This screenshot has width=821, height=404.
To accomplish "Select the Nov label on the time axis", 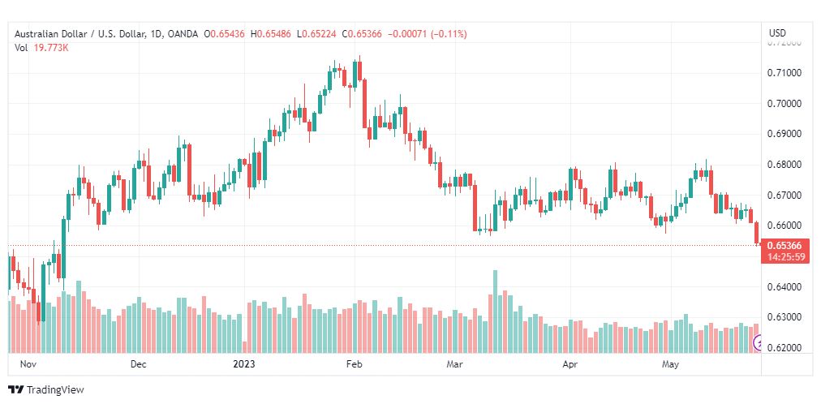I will (29, 365).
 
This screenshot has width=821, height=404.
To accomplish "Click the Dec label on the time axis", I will (139, 365).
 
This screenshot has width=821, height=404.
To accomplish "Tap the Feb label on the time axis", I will (354, 365).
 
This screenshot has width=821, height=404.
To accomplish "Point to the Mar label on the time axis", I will (454, 365).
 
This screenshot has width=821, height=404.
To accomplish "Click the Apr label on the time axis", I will (570, 365).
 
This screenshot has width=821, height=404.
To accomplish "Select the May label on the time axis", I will (670, 365).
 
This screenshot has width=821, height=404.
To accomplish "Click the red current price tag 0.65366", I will (784, 246).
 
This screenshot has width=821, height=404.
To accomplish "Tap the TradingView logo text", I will (55, 390).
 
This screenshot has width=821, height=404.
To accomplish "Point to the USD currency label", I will (777, 33).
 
